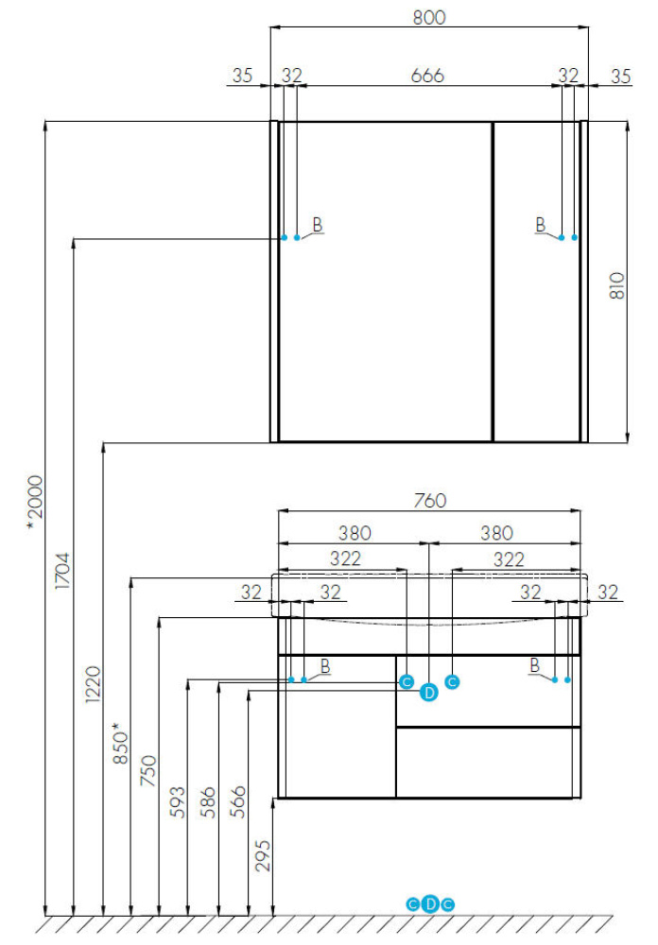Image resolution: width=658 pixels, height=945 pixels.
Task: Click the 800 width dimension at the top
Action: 429,17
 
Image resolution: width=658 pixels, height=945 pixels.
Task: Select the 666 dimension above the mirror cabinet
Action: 427,76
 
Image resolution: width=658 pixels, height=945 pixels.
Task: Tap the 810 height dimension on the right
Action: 616,285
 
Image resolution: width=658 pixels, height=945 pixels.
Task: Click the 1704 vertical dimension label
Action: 62,570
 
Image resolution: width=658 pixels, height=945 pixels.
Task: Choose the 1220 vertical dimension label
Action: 93,684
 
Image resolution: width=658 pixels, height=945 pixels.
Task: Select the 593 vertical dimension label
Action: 178,802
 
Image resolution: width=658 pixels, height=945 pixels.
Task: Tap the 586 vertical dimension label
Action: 208,802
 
